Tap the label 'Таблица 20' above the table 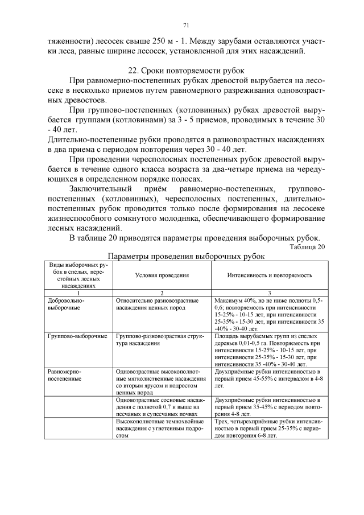coord(307,247)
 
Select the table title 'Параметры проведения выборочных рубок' coord(185,257)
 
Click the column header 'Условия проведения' coord(162,275)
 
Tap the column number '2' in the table coord(162,292)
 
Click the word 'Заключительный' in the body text coord(100,188)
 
